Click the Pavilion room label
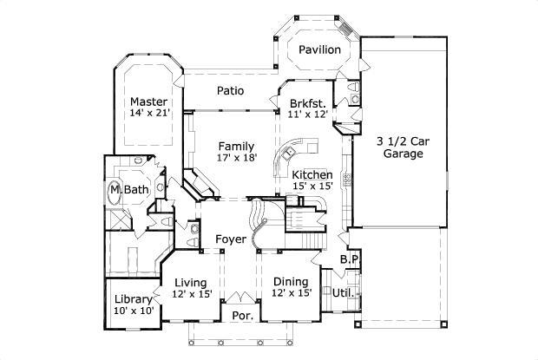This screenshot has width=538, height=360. tap(319, 49)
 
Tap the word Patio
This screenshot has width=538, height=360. tap(230, 90)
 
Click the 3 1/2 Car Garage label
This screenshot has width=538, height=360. tap(399, 147)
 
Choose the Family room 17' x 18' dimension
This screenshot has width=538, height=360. tap(236, 158)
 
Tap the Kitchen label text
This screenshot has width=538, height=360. tap(312, 174)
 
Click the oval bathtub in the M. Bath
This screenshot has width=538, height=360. tap(115, 190)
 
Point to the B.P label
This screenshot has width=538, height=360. tap(349, 259)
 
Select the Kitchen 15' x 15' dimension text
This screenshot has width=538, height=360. tap(312, 187)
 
